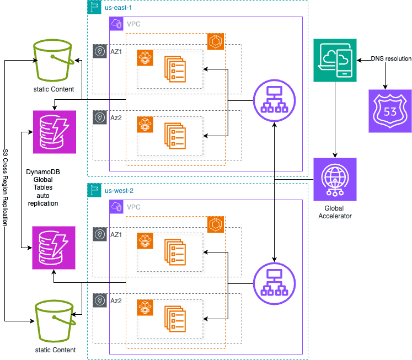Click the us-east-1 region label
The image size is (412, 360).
click(x=118, y=8)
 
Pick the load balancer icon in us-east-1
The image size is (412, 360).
click(x=274, y=101)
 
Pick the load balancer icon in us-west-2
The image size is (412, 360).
click(x=274, y=283)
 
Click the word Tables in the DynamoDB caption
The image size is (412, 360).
click(x=43, y=187)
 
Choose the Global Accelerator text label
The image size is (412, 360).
click(x=335, y=212)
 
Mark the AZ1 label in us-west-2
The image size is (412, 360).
click(x=116, y=234)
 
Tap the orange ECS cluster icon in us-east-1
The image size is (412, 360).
click(x=215, y=41)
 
